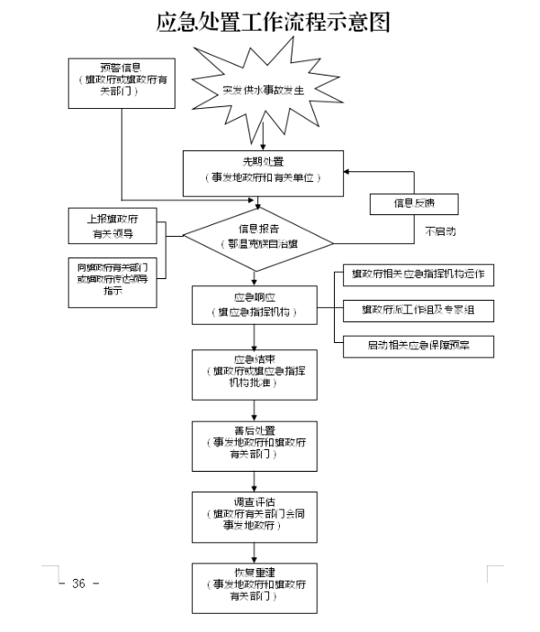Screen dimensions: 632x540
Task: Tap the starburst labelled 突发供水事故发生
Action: coord(264,90)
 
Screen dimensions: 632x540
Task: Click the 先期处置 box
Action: coord(264,170)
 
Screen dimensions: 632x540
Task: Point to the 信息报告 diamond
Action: coord(258,237)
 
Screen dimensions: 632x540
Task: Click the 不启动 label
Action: coord(440,231)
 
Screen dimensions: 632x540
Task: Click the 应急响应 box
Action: coord(254,305)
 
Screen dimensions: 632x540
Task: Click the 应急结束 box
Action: coord(254,374)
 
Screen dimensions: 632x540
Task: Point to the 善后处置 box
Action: coord(254,444)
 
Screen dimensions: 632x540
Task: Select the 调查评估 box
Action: coord(254,519)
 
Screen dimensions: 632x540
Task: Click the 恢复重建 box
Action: coord(254,587)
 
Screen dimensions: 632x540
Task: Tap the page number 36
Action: coord(78,583)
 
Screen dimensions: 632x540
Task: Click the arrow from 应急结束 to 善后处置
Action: coord(254,411)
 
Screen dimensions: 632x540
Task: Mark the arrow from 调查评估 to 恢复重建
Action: coord(254,554)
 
